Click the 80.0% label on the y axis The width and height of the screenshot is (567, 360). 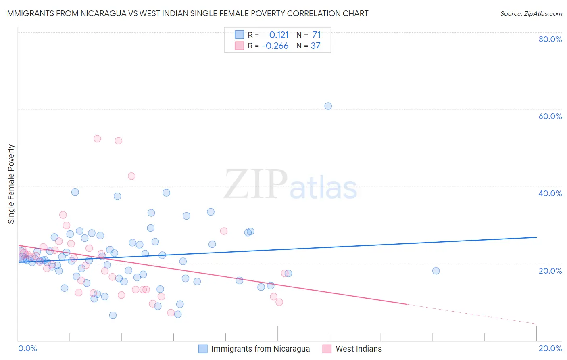pos(550,39)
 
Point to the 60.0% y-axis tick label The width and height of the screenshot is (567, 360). pos(550,116)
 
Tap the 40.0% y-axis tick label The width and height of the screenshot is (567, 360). pos(550,193)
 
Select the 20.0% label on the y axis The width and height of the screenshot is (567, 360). pos(550,271)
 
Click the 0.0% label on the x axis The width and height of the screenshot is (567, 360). pos(27,349)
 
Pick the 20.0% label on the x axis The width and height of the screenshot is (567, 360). pos(550,349)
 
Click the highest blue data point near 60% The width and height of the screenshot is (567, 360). pos(328,106)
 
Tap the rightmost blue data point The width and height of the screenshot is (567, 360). pos(436,271)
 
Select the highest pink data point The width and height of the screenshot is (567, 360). pos(97,139)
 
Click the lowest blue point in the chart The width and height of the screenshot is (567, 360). pos(113,315)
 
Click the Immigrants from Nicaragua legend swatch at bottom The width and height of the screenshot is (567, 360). pos(203,349)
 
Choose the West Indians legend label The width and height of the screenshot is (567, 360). pos(359,349)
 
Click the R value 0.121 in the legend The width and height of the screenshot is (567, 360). pos(279,35)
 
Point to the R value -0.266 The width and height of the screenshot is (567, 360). pos(275,46)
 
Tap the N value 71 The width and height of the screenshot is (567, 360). pos(316,35)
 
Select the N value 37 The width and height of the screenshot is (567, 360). pos(315,46)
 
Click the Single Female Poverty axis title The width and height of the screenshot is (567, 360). pos(11,184)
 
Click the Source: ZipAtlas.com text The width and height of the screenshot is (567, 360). pos(531,14)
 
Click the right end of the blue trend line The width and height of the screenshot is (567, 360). pos(536,237)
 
